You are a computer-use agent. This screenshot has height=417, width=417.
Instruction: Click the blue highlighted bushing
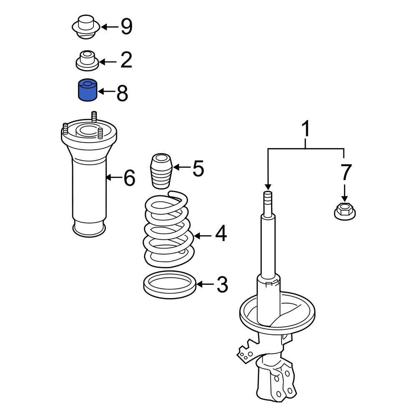tap(88, 90)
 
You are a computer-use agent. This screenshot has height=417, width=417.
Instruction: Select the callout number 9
tap(126, 27)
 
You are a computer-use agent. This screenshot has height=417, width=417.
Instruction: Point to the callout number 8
tap(122, 93)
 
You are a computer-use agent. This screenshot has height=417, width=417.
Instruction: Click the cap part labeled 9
tap(86, 27)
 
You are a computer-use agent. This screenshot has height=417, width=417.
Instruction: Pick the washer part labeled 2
tap(87, 61)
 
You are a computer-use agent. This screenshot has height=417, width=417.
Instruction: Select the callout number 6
tap(129, 178)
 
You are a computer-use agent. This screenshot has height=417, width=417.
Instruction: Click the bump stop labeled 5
tap(161, 171)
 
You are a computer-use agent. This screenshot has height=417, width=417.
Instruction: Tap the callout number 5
tap(198, 168)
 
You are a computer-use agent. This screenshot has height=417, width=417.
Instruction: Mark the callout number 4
tap(221, 234)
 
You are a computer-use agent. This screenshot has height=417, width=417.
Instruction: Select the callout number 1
tap(306, 130)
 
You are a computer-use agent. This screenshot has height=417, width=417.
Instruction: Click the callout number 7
tap(346, 172)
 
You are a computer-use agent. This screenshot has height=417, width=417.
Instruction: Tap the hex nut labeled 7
tap(344, 211)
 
